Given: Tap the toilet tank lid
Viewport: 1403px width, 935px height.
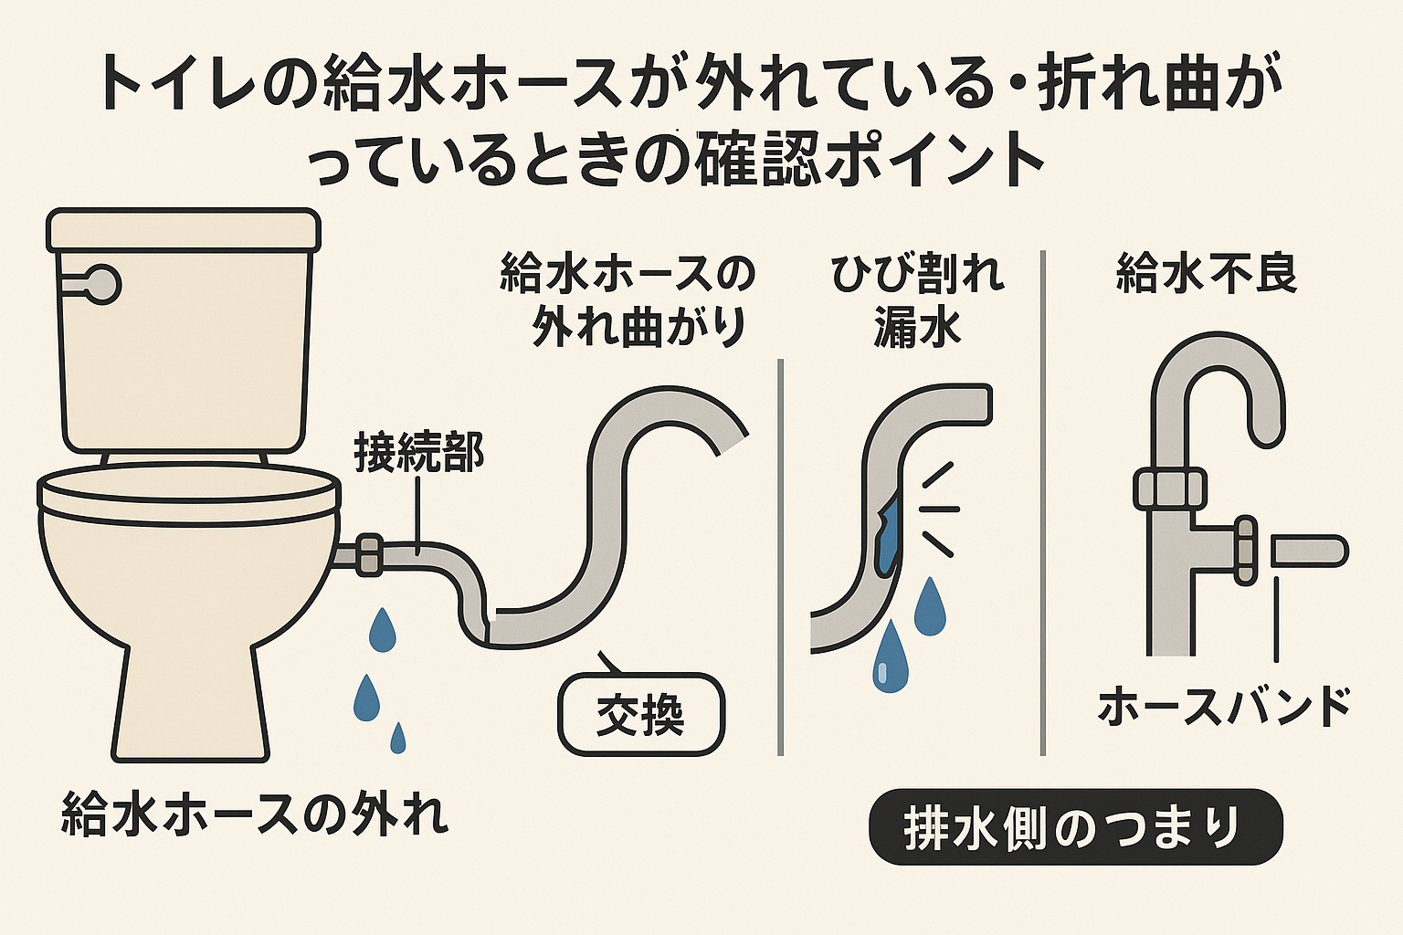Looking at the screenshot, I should point(183,229).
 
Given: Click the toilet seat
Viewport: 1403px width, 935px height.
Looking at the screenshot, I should point(187,493).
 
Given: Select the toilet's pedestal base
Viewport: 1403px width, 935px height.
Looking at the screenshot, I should point(191,703).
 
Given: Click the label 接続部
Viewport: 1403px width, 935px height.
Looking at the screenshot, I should point(418,453).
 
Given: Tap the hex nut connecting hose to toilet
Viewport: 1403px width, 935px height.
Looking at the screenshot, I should point(369,554).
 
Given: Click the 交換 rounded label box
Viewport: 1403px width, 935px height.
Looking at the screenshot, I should point(641,714).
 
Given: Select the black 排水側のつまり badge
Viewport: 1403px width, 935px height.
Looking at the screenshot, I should point(1075,826).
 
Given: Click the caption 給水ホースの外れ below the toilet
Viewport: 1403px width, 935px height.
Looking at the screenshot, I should point(255,814).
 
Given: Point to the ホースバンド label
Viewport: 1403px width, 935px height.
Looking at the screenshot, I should point(1224,707).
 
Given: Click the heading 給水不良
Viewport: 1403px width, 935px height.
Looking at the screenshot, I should point(1207,273).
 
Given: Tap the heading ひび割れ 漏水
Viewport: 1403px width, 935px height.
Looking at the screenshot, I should point(917,300).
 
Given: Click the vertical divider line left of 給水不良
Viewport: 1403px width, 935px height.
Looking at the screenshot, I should point(1042,502).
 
